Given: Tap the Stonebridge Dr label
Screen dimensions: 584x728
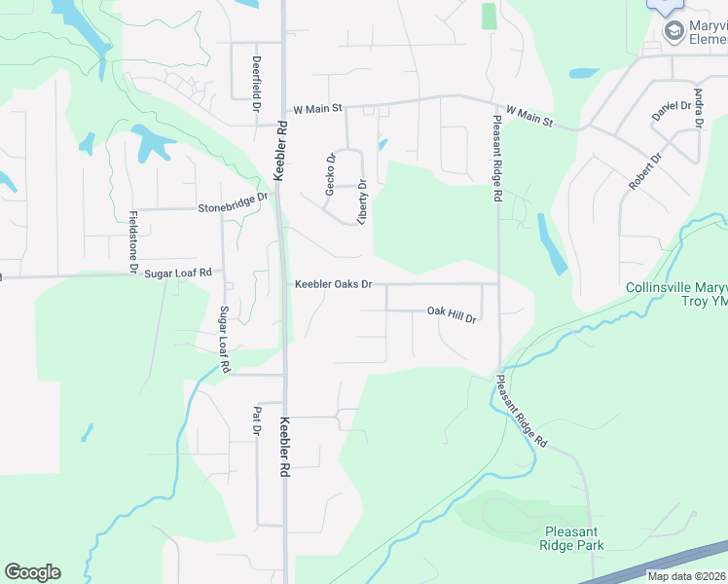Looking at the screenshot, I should click(233, 202).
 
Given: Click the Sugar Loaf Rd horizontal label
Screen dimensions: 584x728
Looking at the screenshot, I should click(178, 274).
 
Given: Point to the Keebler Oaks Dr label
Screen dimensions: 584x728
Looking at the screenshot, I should click(334, 284).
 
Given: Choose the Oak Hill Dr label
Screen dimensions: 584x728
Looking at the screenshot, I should click(452, 313).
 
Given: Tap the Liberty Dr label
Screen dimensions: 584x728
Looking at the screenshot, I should click(362, 201).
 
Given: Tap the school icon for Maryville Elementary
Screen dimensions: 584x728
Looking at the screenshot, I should click(673, 32).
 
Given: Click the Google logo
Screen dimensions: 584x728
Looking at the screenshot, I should click(32, 572).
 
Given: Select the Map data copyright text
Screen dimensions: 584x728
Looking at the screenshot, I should click(687, 576).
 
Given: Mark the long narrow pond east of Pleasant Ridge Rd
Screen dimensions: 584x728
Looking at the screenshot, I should click(551, 243).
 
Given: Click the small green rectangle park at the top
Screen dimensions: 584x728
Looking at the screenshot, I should click(489, 17).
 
